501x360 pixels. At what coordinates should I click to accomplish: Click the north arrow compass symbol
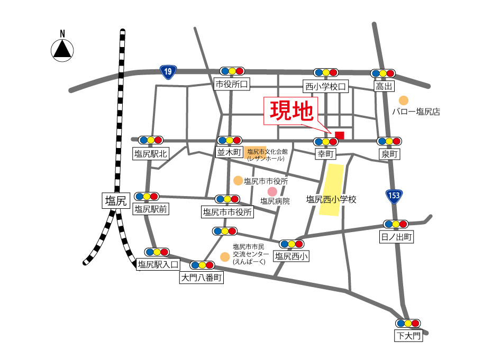coord(62,49)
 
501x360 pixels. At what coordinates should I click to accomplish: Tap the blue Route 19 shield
coord(168,72)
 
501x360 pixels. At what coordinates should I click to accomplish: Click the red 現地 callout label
coord(291,111)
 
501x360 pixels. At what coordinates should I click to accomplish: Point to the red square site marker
coord(339,135)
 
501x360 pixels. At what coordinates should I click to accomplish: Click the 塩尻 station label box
coord(115,200)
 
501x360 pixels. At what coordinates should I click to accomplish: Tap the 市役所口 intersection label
coord(231,84)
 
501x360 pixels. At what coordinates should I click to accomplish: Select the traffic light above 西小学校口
coord(326,72)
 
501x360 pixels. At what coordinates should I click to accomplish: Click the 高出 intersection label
coord(384,86)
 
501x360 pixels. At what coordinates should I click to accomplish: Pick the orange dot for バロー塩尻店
coord(404,100)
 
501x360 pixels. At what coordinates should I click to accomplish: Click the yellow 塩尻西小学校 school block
coord(331,190)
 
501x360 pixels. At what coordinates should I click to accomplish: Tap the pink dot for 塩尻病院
coord(272,191)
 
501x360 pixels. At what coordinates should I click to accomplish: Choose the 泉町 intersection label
coord(390,154)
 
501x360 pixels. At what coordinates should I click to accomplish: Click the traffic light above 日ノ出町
coord(396,224)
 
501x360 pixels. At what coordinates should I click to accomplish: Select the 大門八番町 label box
coord(202,278)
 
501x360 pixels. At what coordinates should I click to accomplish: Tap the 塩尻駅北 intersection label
coord(151,154)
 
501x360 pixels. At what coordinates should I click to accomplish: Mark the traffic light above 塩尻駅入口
coord(157,252)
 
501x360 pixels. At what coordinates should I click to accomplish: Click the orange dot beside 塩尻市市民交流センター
coord(225,257)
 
